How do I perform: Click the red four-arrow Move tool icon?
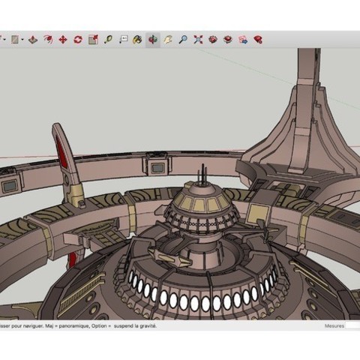[62, 40]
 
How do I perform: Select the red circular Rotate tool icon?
[77, 40]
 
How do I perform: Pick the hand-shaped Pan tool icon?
[168, 40]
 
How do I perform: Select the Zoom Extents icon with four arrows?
[198, 40]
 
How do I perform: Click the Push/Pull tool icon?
[47, 40]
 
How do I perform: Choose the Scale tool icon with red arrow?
[92, 40]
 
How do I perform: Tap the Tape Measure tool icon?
[108, 40]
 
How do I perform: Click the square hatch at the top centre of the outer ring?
[159, 163]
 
